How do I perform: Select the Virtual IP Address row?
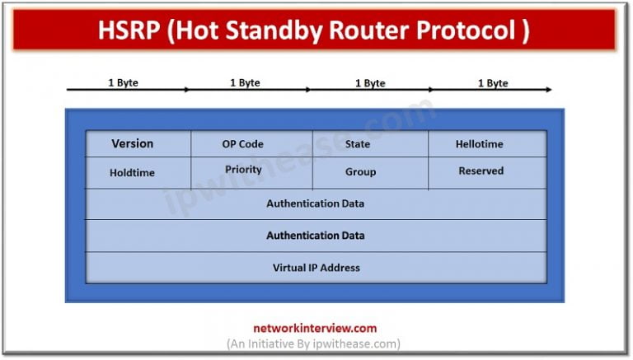tap(316, 268)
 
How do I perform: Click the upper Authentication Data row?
tap(316, 203)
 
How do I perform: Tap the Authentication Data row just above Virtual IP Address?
tap(316, 236)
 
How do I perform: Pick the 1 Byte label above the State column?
tap(369, 82)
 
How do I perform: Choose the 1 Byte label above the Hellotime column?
tap(492, 82)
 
